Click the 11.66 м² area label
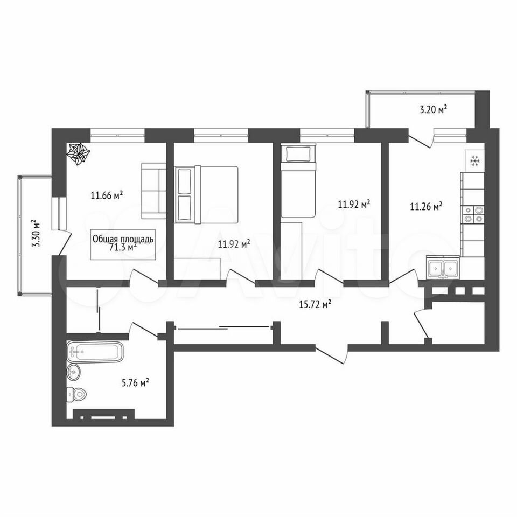107,195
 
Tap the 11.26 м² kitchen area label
426,206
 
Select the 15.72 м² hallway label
315,304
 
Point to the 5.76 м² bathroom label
135,382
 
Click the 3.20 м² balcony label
433,109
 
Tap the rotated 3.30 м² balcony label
36,233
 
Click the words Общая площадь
123,239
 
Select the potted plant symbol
78,154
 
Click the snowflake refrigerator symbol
475,161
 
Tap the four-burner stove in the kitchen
473,214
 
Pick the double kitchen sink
443,267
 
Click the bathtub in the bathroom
95,352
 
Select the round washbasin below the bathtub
74,372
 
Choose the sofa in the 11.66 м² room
153,191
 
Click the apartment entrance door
331,353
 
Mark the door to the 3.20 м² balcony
421,139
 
